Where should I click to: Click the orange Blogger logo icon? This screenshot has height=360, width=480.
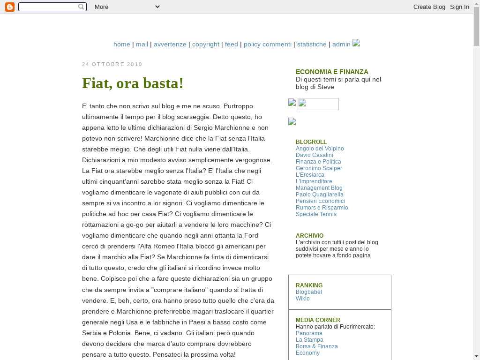coord(9,7)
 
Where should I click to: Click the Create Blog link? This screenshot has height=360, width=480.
coord(429,7)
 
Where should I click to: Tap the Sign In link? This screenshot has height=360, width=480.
coord(459,7)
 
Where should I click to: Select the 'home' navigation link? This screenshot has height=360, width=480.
coord(121,44)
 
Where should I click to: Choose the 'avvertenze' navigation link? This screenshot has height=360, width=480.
coord(170,44)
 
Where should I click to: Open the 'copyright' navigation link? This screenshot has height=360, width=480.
coord(206,44)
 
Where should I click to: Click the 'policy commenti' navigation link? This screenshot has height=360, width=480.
coord(268,44)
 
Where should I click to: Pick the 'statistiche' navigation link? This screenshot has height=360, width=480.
coord(312,44)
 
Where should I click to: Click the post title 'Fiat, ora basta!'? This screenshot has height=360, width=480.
coord(133,83)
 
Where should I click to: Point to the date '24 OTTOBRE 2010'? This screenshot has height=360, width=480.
coord(112,64)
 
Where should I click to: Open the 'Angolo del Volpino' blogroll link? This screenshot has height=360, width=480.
coord(320,149)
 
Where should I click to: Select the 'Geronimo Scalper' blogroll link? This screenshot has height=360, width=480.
coord(319,168)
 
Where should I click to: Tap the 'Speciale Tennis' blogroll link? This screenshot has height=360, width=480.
coord(316,214)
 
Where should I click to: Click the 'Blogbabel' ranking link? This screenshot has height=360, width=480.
coord(308,292)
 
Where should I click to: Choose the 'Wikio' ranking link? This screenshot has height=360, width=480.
coord(302,299)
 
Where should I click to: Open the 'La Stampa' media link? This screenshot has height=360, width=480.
coord(309,340)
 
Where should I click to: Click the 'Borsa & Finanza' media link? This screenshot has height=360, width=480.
coord(316,346)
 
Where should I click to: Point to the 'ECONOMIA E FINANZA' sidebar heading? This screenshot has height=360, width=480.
coord(332,72)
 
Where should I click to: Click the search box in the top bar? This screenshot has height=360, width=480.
coord(49,7)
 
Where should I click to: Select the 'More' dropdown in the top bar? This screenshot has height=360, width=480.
coord(127,7)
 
